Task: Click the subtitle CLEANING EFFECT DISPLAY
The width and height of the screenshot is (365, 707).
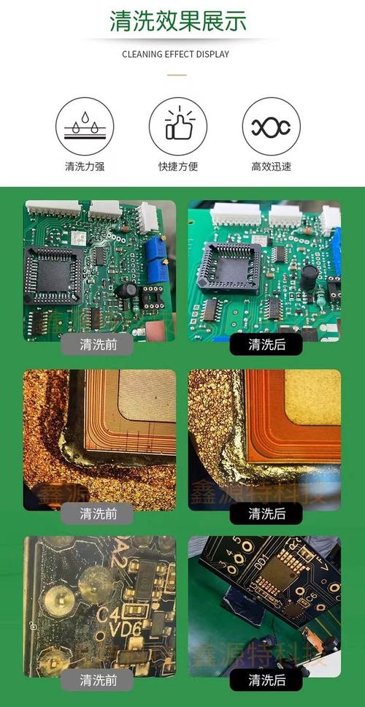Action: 175,54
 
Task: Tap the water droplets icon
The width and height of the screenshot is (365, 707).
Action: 85,126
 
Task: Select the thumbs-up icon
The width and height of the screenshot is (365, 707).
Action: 177,126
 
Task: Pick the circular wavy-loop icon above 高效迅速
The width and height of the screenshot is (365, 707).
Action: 271,126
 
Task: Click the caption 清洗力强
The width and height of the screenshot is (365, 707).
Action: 85,167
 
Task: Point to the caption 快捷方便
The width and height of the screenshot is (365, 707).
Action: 177,167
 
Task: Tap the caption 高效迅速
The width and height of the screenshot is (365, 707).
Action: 271,167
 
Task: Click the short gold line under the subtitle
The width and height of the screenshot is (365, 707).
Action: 176,74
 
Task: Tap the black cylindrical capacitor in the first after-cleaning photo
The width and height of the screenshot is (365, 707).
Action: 309,278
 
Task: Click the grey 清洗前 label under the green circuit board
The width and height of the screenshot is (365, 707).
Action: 99,344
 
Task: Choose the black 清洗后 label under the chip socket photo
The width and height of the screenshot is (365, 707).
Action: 266,344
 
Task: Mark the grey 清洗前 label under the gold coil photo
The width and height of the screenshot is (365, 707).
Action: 99,513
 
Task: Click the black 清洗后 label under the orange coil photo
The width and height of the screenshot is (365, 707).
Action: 266,513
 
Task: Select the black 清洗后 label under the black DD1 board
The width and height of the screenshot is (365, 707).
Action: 266,681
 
